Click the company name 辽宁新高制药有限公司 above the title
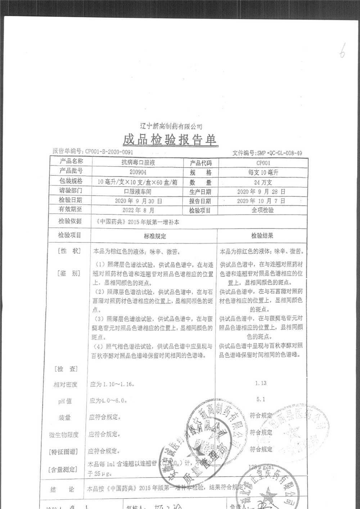[x=171, y=126]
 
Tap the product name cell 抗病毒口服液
[x=138, y=163]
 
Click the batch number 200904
[x=138, y=172]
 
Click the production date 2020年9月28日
[x=261, y=192]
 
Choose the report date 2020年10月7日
[x=261, y=201]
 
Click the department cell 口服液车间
[x=138, y=192]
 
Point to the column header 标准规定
[x=155, y=236]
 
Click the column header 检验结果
[x=262, y=236]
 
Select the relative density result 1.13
[x=261, y=383]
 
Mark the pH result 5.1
[x=261, y=399]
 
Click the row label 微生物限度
[x=64, y=435]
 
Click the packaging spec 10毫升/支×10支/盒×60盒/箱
[x=138, y=182]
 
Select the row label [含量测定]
[x=63, y=469]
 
